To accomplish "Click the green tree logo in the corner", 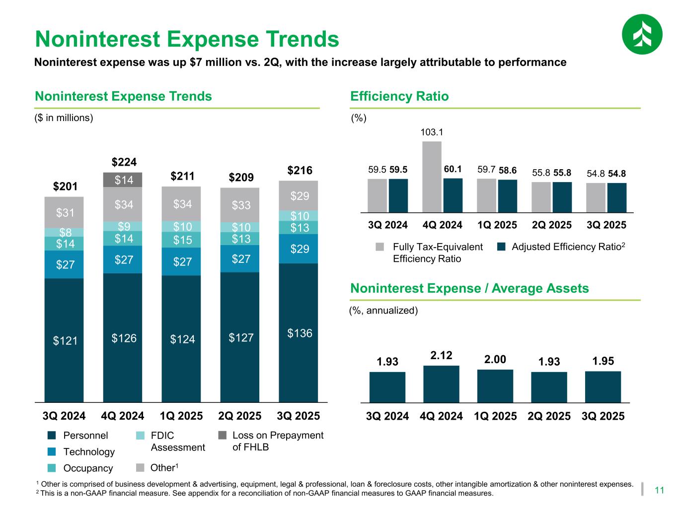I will tap(642, 34).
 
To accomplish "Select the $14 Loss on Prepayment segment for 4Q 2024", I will tap(123, 180).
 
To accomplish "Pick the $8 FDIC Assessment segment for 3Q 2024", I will tap(64, 232).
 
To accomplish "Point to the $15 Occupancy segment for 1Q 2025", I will tap(181, 240).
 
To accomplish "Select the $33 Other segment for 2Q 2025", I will tap(240, 205).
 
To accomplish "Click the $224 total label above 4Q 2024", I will tap(124, 162).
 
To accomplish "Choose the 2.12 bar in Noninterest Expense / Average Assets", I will tap(441, 383).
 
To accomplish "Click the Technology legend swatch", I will tap(51, 452).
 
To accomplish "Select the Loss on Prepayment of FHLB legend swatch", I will tap(223, 436).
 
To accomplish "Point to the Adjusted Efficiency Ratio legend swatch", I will tap(502, 247).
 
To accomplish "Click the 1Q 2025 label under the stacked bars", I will tap(181, 416).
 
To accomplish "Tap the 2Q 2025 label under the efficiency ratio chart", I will tap(552, 225).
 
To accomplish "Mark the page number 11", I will tap(660, 491).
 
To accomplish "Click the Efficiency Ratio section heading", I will tap(399, 96).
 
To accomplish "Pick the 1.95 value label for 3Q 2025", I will tap(603, 361).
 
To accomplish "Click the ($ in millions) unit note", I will tap(64, 118).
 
